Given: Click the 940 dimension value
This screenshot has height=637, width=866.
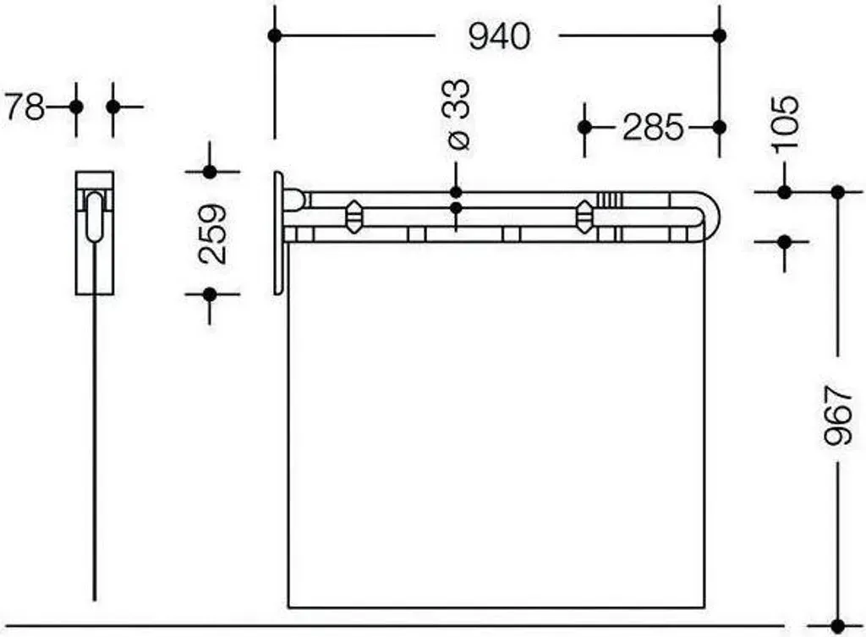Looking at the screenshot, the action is click(x=499, y=36).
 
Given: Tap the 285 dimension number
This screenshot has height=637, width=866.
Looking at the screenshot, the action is click(x=653, y=127).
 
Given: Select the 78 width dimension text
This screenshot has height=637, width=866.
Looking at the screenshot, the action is click(x=25, y=107).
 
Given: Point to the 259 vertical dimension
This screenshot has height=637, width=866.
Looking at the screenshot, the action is click(x=212, y=233).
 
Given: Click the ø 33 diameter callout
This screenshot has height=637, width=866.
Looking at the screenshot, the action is click(x=458, y=114).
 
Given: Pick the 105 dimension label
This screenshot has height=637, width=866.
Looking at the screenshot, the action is click(x=785, y=124).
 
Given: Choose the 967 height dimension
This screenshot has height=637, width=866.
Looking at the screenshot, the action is click(x=838, y=415).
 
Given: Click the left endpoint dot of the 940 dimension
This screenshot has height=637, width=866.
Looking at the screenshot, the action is click(x=275, y=36).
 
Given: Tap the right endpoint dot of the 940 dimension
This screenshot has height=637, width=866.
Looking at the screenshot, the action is click(x=719, y=36).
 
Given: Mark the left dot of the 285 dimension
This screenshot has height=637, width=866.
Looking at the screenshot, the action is click(x=584, y=128).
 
